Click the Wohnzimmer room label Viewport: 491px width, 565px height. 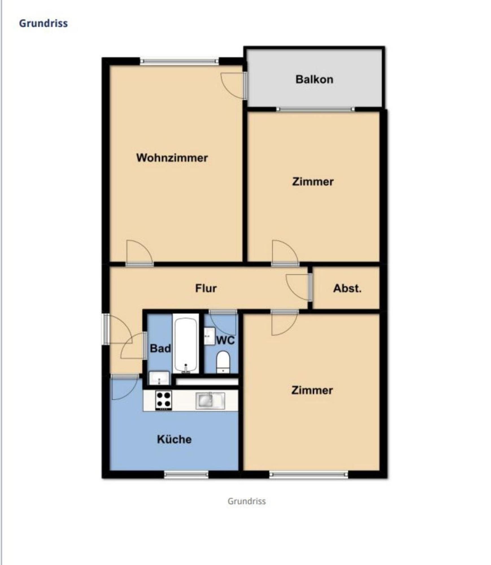click(x=172, y=158)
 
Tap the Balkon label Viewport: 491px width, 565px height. click(x=314, y=79)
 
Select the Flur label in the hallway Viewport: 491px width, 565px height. click(x=206, y=288)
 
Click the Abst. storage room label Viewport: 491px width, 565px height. click(x=347, y=288)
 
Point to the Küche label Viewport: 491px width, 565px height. click(x=174, y=439)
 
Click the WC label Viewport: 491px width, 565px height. click(x=225, y=340)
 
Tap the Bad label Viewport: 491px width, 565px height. click(x=160, y=348)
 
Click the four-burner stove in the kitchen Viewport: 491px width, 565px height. click(x=163, y=400)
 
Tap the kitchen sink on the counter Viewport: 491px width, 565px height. click(x=210, y=401)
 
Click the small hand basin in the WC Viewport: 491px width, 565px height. click(x=210, y=336)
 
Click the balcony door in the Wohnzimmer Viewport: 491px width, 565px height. click(x=233, y=86)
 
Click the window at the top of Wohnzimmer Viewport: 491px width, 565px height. click(x=179, y=61)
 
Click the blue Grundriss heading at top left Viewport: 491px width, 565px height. click(x=43, y=23)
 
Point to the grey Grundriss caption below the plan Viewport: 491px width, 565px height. click(x=246, y=501)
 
